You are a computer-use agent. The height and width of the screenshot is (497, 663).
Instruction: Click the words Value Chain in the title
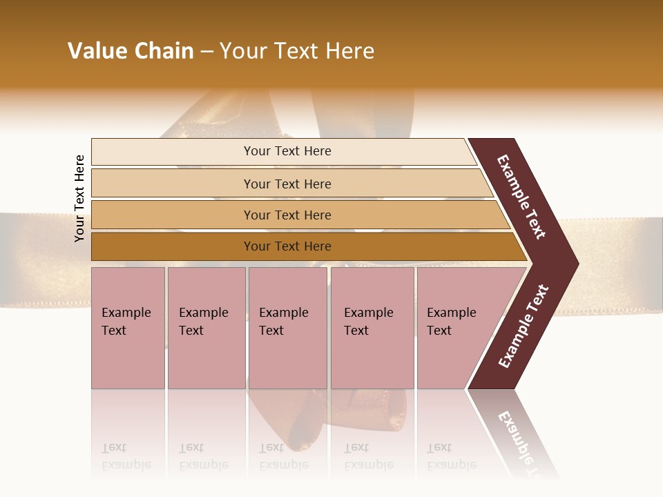[x=131, y=51]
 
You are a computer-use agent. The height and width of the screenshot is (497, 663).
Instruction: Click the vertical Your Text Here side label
[x=79, y=198]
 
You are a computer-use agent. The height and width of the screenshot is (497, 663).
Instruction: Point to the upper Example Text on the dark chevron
[x=521, y=197]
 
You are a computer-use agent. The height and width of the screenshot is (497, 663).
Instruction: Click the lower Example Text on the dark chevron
[x=523, y=327]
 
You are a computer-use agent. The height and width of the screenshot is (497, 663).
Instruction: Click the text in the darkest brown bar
[x=287, y=246]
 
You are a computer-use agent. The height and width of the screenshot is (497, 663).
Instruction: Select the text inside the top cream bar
[x=287, y=151]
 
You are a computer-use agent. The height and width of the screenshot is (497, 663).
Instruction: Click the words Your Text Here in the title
[x=297, y=51]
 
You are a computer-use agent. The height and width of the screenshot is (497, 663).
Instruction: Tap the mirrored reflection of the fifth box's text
[x=451, y=456]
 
